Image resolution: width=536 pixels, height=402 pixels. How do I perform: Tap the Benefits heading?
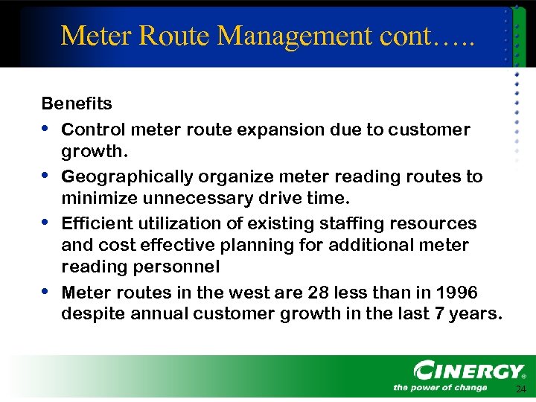77,103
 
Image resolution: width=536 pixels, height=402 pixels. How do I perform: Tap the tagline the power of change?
440,387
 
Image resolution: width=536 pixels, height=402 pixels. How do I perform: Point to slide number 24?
520,389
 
